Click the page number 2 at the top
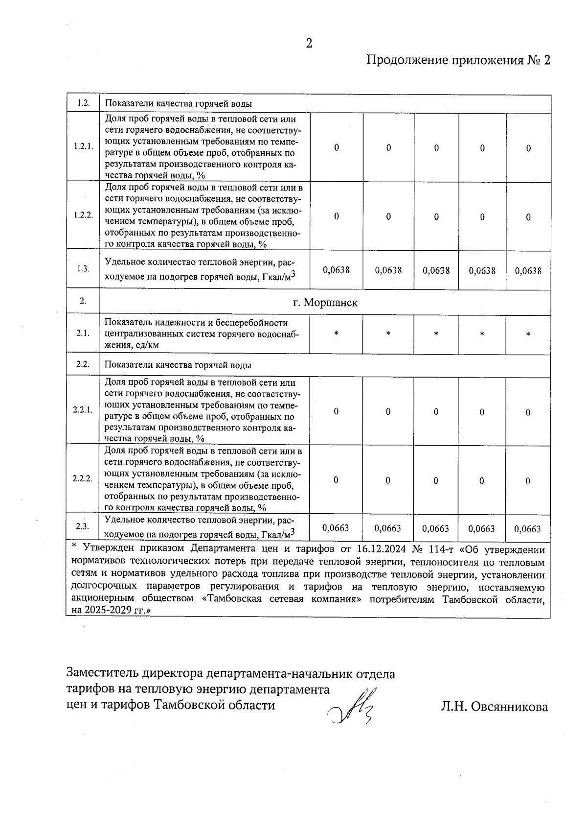tap(309, 44)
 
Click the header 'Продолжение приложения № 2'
tap(458, 60)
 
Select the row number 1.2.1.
tap(83, 146)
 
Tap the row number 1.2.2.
tap(83, 215)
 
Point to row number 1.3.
tap(83, 269)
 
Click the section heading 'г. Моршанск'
tap(325, 303)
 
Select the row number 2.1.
tap(83, 333)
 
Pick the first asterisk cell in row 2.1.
tap(336, 334)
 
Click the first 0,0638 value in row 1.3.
tap(337, 270)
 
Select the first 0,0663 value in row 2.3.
tap(336, 528)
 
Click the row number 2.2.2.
tap(83, 478)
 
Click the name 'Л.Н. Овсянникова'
tap(494, 707)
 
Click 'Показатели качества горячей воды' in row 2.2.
tap(178, 365)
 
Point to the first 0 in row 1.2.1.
tap(337, 148)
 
